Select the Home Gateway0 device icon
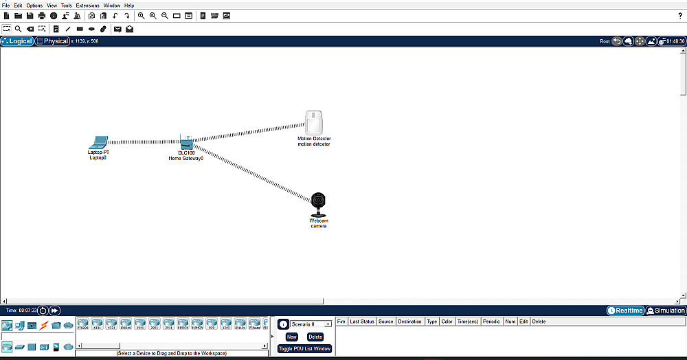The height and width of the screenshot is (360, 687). tap(185, 144)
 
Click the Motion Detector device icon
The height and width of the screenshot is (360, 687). tap(314, 124)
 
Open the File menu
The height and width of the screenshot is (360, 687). tap(6, 5)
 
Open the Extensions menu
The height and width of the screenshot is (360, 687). tap(87, 5)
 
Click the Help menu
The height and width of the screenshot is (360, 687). tap(129, 5)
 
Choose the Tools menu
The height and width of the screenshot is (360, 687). tap(66, 5)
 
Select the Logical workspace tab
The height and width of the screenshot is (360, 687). tap(17, 41)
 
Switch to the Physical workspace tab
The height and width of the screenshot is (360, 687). tap(53, 41)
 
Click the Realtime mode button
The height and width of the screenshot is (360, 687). tap(625, 311)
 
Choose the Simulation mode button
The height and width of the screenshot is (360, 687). tap(666, 311)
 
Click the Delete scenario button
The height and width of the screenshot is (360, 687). tap(315, 337)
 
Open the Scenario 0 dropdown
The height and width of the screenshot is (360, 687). tap(311, 324)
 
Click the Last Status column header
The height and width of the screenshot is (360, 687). tap(362, 322)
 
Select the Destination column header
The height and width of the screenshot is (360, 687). tap(409, 322)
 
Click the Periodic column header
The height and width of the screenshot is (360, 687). tap(491, 322)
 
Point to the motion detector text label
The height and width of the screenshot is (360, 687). tap(314, 144)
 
